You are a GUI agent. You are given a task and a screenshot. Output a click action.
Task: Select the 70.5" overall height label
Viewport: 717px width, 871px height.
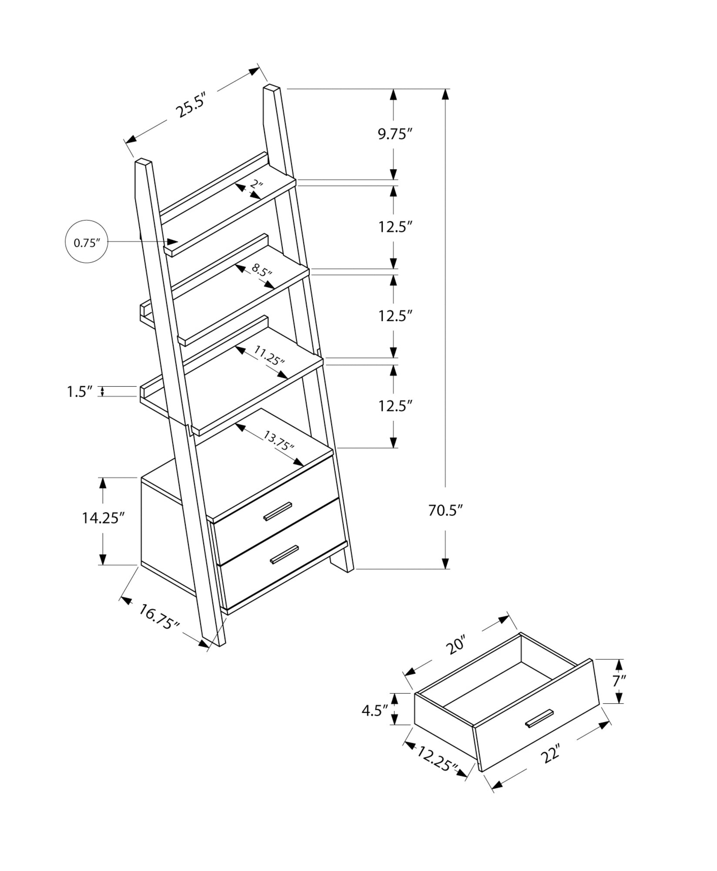pos(444,510)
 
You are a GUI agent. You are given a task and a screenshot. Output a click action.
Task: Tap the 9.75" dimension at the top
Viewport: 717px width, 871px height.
pos(394,134)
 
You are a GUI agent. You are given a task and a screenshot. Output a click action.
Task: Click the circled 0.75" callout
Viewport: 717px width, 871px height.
pos(86,243)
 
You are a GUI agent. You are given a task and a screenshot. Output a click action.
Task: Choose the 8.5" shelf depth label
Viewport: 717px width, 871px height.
pos(261,272)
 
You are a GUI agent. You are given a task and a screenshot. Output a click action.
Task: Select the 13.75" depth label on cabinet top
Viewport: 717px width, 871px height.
pos(279,441)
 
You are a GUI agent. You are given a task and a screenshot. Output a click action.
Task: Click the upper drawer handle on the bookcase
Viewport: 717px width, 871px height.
pos(277,510)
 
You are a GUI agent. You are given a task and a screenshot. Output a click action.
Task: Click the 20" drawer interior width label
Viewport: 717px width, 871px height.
pos(456,656)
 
